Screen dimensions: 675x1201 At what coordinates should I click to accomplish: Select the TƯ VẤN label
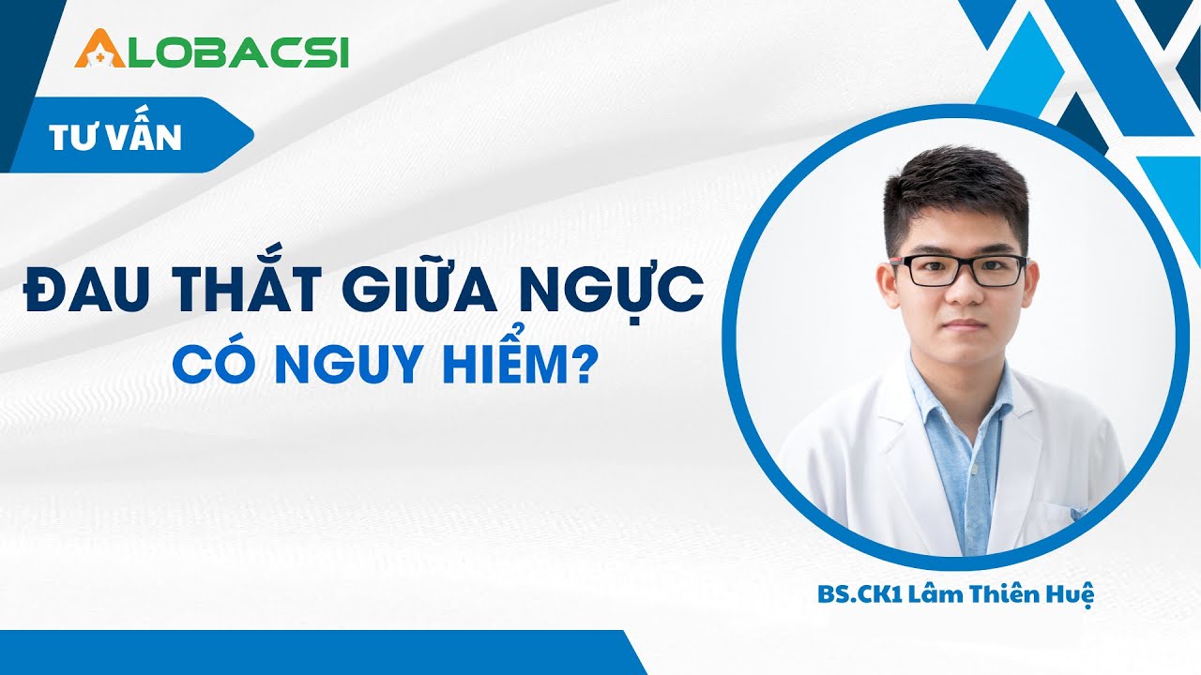115,137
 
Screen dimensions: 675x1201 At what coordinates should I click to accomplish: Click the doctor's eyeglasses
958,271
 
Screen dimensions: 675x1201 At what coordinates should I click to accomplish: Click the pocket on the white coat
1065,514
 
